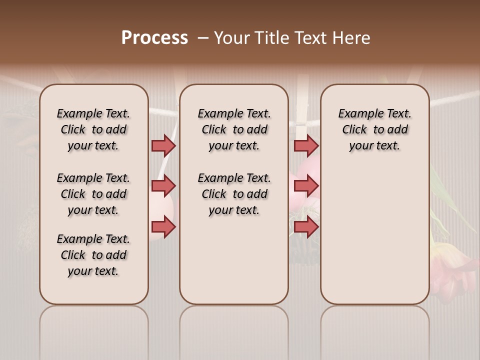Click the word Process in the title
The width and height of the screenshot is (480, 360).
(154, 38)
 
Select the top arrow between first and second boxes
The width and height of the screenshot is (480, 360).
(163, 145)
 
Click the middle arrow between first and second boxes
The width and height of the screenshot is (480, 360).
(163, 186)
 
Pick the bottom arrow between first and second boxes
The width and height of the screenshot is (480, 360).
(163, 227)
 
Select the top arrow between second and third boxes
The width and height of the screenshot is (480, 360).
(306, 145)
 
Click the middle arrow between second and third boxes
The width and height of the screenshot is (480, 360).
(306, 186)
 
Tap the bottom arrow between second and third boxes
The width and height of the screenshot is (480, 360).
(306, 227)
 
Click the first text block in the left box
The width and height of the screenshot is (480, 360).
(93, 129)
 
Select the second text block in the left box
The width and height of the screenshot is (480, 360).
(93, 194)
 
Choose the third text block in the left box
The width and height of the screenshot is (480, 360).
(93, 255)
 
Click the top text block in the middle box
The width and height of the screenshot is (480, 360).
(234, 129)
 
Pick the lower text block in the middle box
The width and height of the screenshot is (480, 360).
(234, 194)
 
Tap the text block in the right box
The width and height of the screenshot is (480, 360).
(374, 129)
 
